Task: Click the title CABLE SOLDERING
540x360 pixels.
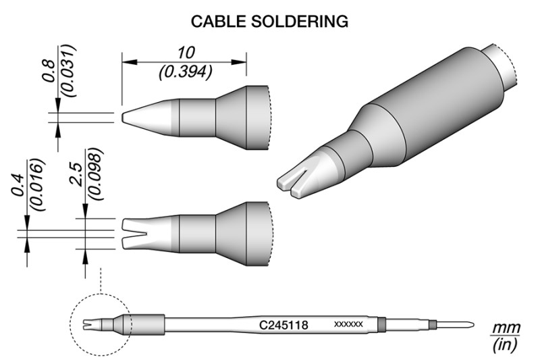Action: point(269,22)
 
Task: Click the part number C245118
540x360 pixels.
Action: point(284,325)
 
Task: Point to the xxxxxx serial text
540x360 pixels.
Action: point(349,325)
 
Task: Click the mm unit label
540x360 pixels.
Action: point(505,328)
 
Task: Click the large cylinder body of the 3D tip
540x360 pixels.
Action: point(439,108)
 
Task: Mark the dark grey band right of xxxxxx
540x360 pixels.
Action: point(380,325)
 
